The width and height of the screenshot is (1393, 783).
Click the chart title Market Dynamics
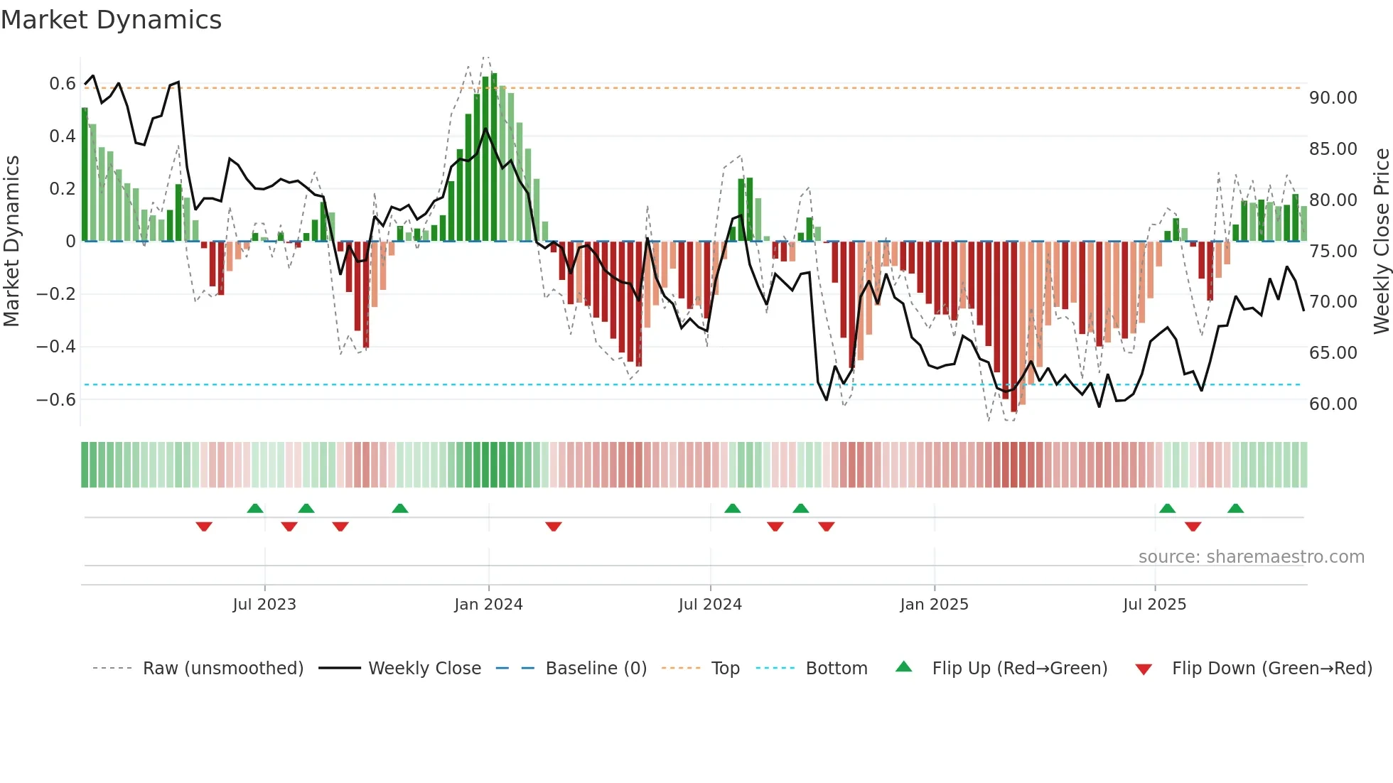(x=112, y=20)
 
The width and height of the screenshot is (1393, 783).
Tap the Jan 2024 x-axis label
(x=488, y=605)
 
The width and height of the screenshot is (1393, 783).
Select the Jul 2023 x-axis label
(x=264, y=605)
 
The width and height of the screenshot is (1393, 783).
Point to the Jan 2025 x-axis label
(x=934, y=605)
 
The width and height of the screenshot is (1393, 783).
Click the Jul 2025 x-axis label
(x=1154, y=605)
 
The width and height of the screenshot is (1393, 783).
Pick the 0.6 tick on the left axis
(x=63, y=84)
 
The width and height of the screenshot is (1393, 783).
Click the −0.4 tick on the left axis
(x=56, y=347)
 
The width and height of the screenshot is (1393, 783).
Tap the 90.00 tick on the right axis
(x=1333, y=98)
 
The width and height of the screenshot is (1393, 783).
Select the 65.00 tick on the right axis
(x=1333, y=353)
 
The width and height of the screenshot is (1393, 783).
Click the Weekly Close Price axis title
(x=1382, y=242)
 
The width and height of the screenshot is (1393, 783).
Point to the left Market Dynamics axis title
(x=11, y=242)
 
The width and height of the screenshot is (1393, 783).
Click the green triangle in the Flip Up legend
(x=903, y=666)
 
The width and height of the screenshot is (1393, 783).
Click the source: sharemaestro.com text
(x=1251, y=557)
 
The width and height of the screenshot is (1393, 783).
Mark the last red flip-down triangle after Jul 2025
(x=1193, y=526)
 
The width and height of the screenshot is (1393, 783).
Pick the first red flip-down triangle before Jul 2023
(x=204, y=526)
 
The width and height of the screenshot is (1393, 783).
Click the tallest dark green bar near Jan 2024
(x=494, y=156)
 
